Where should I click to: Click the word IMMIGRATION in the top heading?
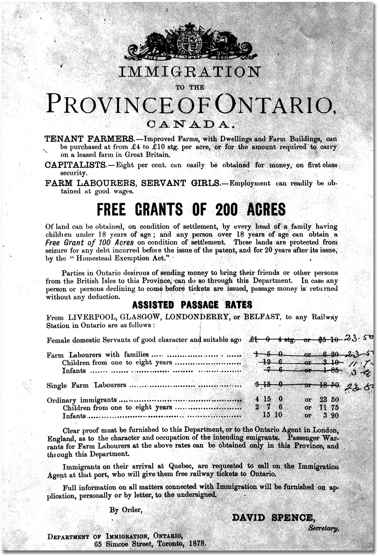point(189,72)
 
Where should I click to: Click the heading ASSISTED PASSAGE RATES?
point(192,305)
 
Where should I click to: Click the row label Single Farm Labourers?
point(86,385)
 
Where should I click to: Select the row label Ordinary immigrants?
point(82,400)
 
